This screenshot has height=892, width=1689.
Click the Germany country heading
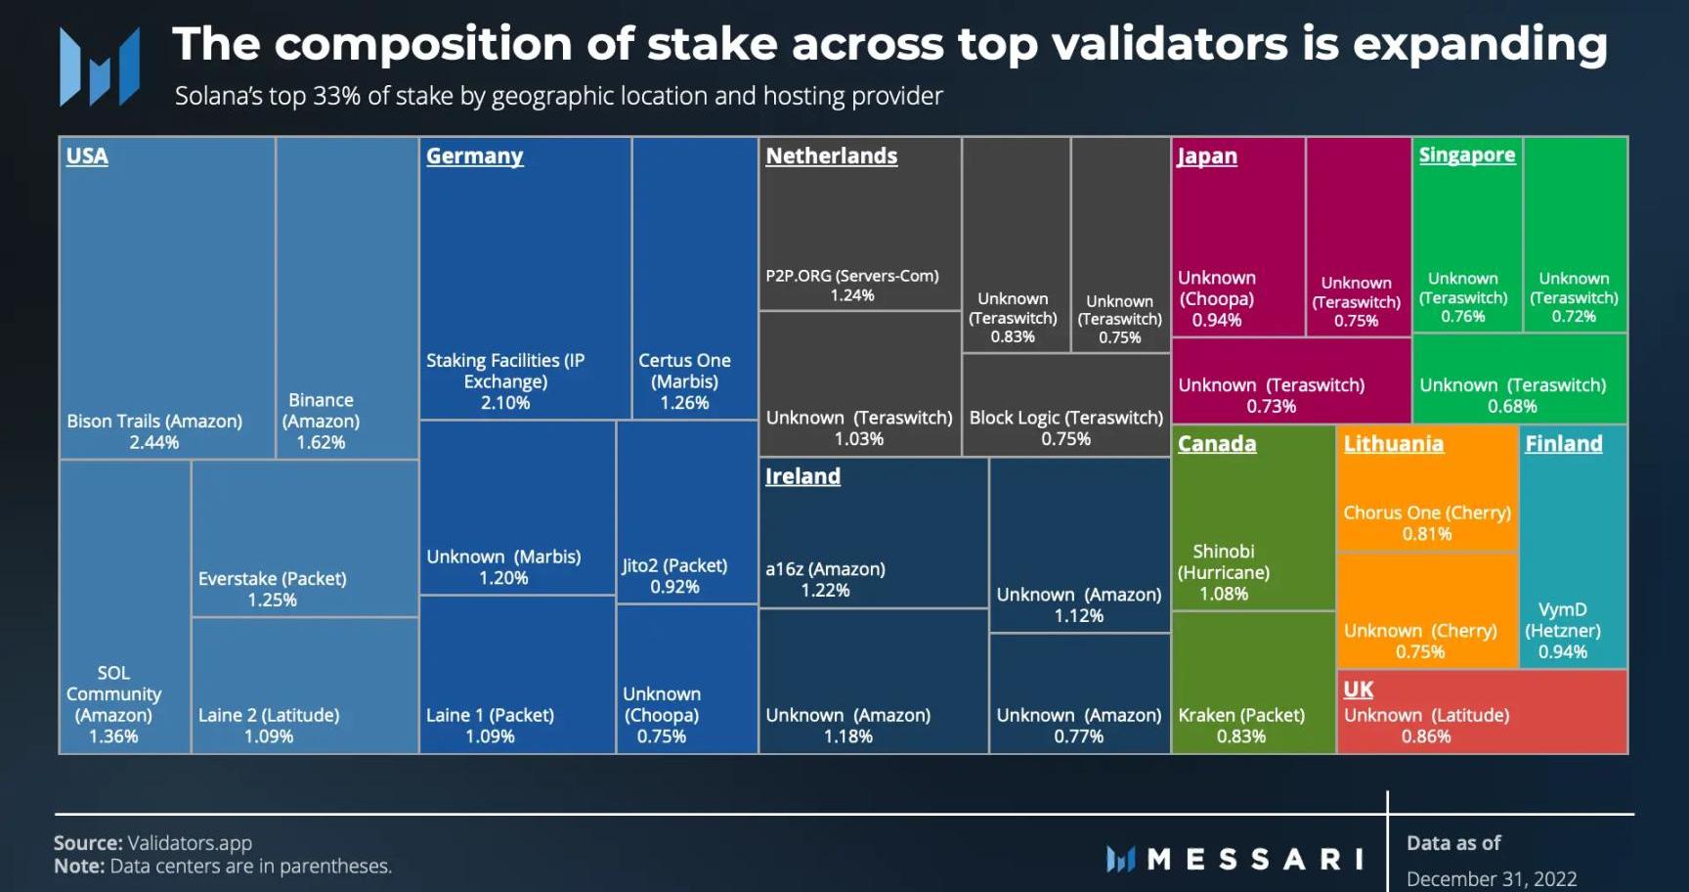474,156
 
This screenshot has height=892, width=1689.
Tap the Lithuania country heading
1393,444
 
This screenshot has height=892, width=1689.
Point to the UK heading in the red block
1358,690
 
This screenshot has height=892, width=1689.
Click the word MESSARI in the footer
1255,860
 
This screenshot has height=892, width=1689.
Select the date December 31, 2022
1492,878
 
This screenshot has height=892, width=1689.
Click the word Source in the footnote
87,843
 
